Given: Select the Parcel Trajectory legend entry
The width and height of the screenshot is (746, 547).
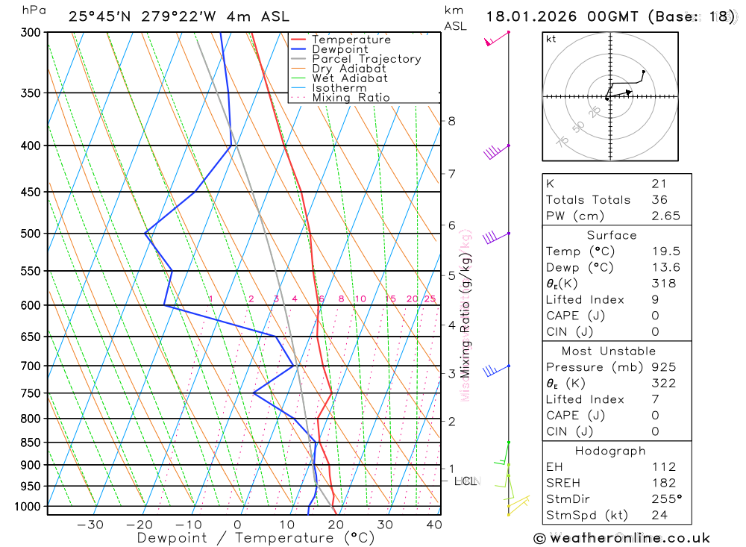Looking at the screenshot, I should click(366, 59).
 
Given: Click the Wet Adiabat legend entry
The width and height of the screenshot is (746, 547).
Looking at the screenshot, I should click(350, 78).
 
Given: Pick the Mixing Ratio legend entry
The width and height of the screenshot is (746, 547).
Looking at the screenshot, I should click(351, 98).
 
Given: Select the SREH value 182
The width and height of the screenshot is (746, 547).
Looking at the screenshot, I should click(663, 483).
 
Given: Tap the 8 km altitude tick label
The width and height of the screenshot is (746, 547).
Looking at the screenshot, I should click(451, 121).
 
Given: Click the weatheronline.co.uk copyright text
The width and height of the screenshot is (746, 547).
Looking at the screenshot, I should click(621, 538).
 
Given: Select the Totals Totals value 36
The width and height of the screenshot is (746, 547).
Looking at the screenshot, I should click(659, 199).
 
